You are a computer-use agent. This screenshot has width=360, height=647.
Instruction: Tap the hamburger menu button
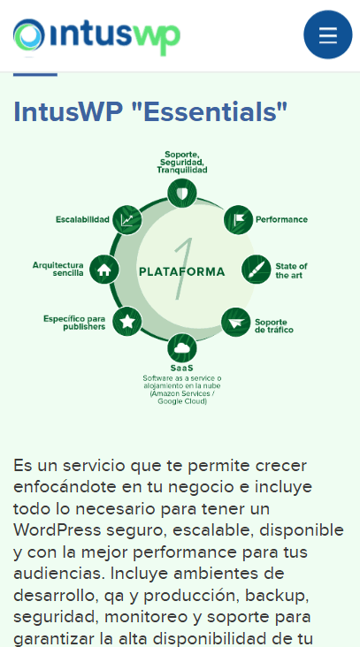point(328,34)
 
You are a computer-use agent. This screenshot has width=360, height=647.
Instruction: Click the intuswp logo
point(96,37)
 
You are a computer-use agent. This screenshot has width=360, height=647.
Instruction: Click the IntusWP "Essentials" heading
point(150,112)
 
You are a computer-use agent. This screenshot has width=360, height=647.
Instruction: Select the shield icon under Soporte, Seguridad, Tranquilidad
point(182,193)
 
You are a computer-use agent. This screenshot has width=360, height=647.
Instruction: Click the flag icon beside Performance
point(238,219)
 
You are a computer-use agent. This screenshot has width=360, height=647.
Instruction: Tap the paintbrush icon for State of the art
point(256,270)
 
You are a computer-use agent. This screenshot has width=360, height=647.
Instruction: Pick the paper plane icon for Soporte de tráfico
point(236,322)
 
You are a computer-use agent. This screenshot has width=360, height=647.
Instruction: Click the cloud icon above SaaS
point(182,348)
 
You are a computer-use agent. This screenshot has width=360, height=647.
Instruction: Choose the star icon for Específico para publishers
point(127,321)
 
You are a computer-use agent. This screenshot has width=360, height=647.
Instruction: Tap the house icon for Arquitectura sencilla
point(104,270)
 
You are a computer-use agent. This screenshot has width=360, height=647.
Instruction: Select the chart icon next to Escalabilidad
point(127,220)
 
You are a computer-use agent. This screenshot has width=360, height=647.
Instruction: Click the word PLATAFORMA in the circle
point(182,271)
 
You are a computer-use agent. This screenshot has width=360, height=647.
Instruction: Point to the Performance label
point(281,219)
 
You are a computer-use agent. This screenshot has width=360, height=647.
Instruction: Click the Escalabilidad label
point(82,219)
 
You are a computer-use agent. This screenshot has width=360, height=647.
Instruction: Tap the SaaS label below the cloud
point(182,368)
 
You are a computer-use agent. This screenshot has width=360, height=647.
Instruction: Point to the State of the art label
point(292,270)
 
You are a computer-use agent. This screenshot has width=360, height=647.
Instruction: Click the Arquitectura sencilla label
point(58,269)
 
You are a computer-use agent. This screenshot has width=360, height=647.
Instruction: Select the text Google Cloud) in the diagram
point(182,401)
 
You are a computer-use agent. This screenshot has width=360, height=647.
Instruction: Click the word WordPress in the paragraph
point(57,530)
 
